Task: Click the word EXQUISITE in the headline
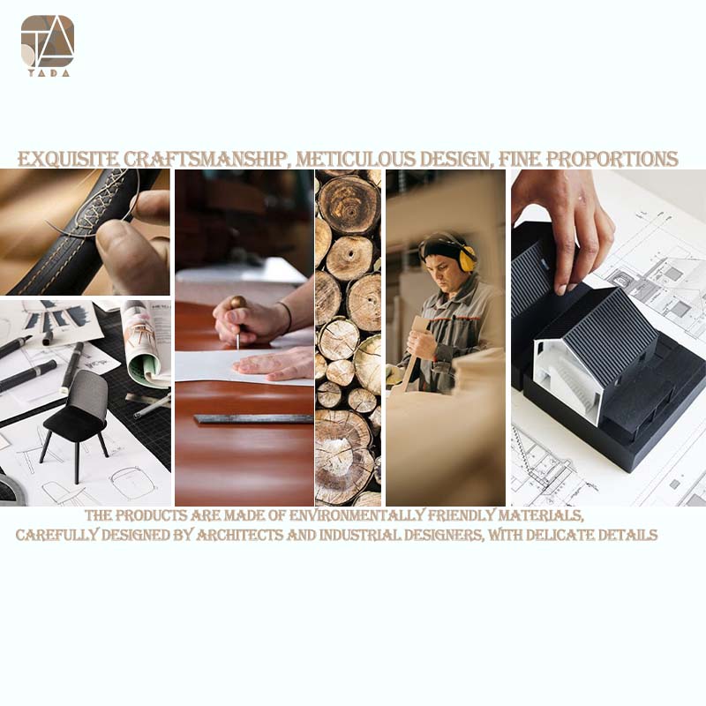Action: pos(68,160)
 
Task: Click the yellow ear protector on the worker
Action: pos(466,258)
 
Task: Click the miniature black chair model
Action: pos(76,418)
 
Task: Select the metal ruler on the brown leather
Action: pos(253,419)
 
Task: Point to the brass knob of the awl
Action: pos(238,302)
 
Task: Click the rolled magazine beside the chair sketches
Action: pos(143,343)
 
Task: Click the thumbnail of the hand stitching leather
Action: pos(85,232)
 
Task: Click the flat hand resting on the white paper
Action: pos(275,364)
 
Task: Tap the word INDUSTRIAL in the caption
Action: pos(360,535)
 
